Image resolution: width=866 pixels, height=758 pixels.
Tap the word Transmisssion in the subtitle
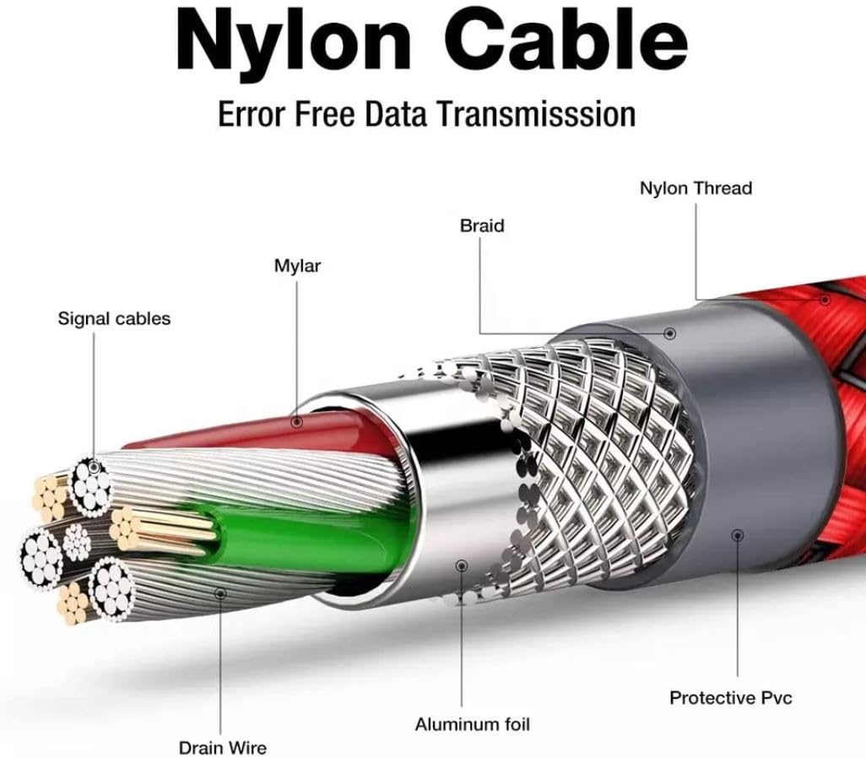pos(537,114)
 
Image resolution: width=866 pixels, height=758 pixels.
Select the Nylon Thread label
pos(696,188)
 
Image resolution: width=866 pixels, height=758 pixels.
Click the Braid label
pos(482,225)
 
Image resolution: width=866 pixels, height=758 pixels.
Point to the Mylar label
pos(297,266)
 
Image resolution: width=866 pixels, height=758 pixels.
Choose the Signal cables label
pos(114,319)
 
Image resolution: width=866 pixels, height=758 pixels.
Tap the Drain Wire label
pos(223,748)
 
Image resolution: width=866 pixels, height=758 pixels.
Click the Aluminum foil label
pos(472,724)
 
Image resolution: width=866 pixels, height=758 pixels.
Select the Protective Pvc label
pos(731,698)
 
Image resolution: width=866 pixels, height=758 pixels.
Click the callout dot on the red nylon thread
pos(825,300)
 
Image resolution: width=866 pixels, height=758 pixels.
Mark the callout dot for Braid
pos(670,333)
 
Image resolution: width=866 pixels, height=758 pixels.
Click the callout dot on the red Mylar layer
pos(297,423)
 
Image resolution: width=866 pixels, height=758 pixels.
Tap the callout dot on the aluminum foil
pos(462,566)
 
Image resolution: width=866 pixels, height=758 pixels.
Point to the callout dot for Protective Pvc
pos(738,535)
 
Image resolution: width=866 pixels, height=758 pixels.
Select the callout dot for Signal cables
pos(94,468)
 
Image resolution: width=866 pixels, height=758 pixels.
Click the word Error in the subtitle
pos(252,114)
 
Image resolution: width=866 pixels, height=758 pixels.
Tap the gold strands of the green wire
pos(160,530)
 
